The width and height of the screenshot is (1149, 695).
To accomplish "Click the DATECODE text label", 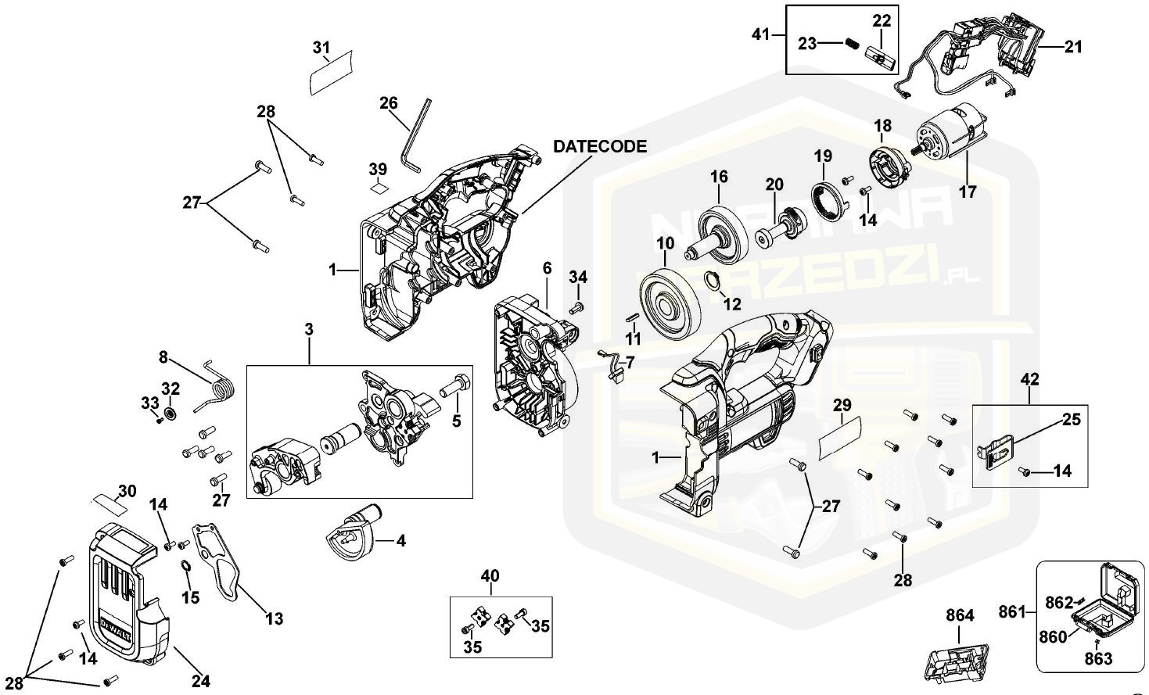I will coord(600,146).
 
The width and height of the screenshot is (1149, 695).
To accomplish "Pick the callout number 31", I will coord(321,48).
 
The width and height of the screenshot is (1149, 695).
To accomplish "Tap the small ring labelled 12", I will coord(713,281).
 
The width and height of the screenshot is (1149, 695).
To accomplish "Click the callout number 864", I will coord(960,615).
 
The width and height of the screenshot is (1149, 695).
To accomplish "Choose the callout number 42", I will coord(1030,379).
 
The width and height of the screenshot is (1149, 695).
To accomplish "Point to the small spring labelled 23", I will coord(851,44).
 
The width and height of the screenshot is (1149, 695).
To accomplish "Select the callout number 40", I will coord(490,576).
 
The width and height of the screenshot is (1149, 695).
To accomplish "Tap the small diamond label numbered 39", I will coord(379,187).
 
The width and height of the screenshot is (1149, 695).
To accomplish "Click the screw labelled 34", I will coord(576,307).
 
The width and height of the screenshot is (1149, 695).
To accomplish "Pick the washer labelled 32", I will coord(171,412).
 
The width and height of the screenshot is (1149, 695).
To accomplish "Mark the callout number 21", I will coord(1073,47).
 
